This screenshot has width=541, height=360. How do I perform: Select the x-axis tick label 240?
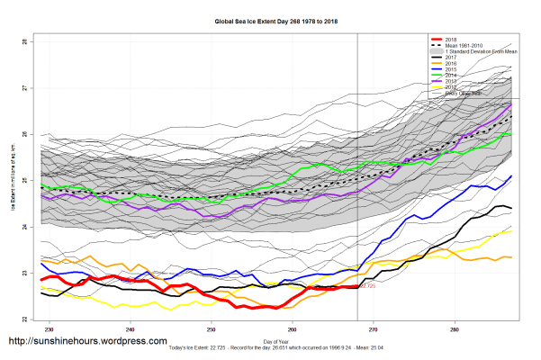pos(131,328)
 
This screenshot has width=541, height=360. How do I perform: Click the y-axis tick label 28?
pos(27,42)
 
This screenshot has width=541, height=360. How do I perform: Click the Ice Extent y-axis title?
pos(13,181)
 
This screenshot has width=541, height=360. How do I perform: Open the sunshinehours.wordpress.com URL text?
pos(87,342)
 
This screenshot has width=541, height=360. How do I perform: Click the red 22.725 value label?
pos(366,286)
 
